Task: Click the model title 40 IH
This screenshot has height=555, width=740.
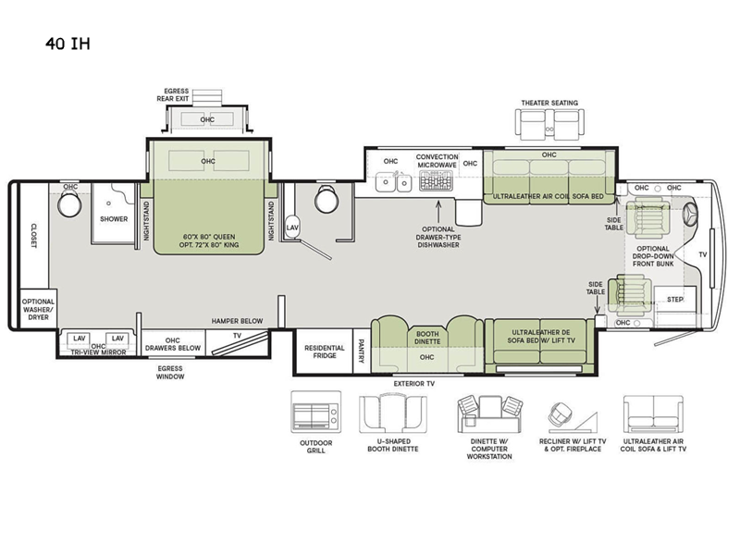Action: tap(68, 43)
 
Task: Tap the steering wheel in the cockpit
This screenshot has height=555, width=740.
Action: tap(689, 215)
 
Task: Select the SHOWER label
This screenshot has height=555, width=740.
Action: tap(114, 219)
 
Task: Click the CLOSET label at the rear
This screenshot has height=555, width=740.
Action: tap(34, 236)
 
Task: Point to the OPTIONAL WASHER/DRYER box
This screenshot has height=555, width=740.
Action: tap(38, 309)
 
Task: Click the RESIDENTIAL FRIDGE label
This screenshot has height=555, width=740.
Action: tap(325, 351)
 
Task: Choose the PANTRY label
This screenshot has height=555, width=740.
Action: tap(362, 351)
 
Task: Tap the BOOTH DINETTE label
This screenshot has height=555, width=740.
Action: tap(427, 338)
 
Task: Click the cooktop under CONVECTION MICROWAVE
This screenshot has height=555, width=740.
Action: tap(436, 180)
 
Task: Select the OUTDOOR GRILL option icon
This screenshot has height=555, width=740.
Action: tap(315, 412)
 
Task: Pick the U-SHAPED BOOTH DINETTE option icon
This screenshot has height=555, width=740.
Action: tap(393, 413)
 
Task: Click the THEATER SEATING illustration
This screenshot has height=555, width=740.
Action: tap(549, 124)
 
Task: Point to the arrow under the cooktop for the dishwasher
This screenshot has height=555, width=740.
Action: tap(438, 212)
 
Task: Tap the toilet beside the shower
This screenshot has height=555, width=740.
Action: tap(69, 204)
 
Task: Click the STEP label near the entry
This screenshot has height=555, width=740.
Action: tap(675, 299)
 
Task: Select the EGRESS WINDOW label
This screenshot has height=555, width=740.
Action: tap(170, 373)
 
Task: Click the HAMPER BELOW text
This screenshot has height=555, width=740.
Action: tap(237, 321)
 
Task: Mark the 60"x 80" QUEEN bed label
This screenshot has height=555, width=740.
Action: tap(209, 237)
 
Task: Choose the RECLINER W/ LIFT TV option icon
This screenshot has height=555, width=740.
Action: tap(573, 416)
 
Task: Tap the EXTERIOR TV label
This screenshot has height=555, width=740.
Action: tap(413, 384)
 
